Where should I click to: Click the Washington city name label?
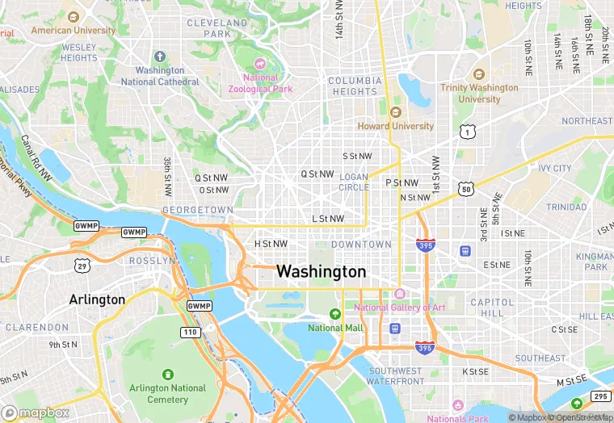click(321, 272)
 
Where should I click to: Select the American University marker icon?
click(74, 17)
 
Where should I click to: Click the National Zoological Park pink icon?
click(259, 64)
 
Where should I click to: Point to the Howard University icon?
click(395, 112)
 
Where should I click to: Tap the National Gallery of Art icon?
click(399, 293)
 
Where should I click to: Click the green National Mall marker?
click(334, 314)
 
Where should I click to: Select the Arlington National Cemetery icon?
click(167, 375)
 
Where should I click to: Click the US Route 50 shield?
click(465, 189)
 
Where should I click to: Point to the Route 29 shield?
click(82, 266)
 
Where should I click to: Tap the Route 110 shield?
click(191, 332)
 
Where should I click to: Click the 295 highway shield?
click(600, 396)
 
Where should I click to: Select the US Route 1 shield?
click(466, 131)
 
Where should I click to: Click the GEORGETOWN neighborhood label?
click(198, 210)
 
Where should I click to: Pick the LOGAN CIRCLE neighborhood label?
click(353, 182)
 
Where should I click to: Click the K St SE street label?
click(475, 372)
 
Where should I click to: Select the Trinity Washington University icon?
click(479, 74)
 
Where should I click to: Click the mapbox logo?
click(36, 413)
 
